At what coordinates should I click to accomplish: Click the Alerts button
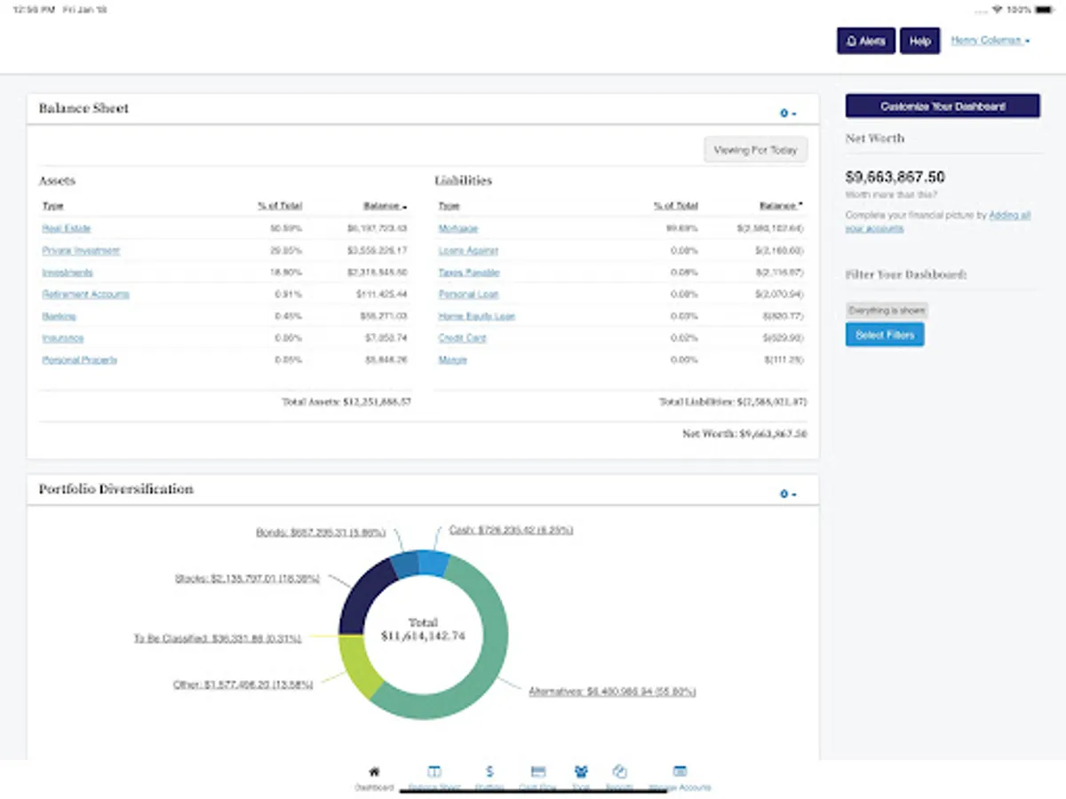point(865,41)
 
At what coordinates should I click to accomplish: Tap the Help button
point(919,41)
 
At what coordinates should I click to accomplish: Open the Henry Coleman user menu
point(990,41)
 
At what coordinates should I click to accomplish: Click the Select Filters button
point(885,335)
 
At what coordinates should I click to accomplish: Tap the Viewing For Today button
point(755,150)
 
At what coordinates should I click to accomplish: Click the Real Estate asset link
point(67,228)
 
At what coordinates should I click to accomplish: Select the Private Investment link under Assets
point(81,250)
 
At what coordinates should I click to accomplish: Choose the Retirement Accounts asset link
point(85,294)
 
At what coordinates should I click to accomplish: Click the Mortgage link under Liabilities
point(457,228)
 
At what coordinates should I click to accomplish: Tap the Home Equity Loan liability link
point(476,316)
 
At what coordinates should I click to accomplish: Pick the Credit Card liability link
point(462,338)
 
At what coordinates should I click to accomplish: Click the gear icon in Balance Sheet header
point(787,113)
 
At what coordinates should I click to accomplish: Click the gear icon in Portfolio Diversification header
point(787,494)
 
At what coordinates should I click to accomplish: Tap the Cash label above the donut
point(510,530)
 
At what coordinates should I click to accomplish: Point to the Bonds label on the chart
point(321,533)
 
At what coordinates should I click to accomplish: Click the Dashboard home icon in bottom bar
point(374,772)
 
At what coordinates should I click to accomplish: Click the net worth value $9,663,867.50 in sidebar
point(895,177)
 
